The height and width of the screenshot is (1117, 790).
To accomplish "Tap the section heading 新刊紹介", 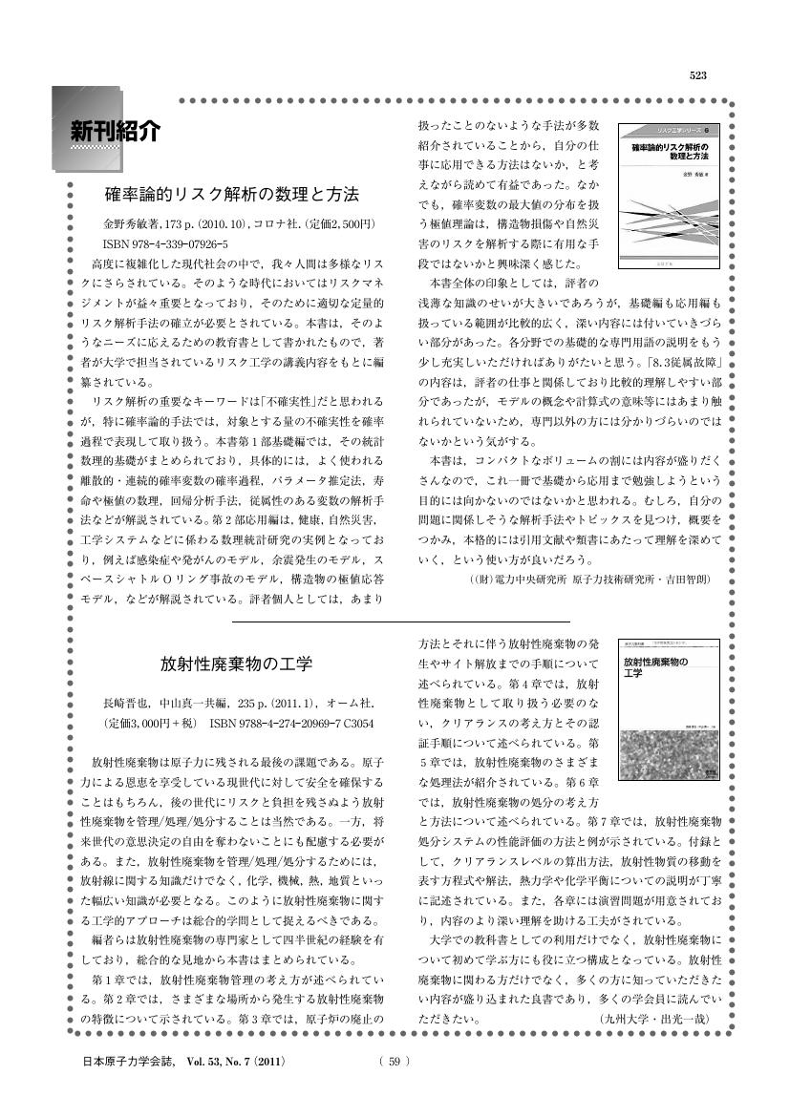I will (113, 131).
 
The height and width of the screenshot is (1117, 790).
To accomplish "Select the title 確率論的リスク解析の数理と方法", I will (231, 195).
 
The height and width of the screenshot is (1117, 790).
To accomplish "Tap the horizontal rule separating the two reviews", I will (401, 622).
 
